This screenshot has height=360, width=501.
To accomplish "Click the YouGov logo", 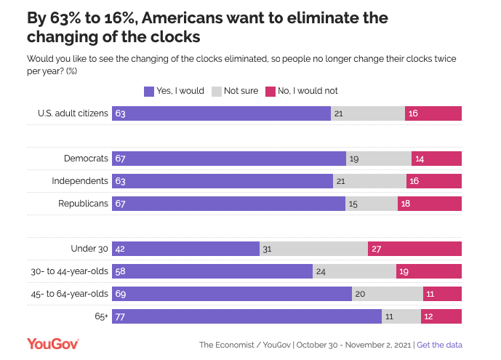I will point(52,344).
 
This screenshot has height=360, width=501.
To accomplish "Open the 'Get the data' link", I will point(439,345).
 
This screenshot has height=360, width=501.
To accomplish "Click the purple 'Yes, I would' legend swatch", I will point(149,91).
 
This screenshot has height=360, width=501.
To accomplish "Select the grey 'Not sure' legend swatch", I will point(216,91).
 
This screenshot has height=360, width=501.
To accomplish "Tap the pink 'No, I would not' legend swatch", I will point(270,91).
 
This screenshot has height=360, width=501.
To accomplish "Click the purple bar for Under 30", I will point(185,249).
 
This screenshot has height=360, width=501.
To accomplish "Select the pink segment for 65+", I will point(441,317).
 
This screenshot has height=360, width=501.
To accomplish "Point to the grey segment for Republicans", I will point(371,204).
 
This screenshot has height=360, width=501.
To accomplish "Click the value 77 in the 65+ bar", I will point(121,317).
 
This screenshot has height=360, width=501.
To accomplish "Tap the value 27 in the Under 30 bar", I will point(377,249).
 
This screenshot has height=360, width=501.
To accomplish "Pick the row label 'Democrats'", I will point(87,159).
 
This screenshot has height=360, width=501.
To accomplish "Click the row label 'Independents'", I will point(80,181).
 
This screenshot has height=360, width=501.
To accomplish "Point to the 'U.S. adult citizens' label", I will point(73,113).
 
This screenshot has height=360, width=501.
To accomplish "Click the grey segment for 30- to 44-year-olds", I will point(354,271).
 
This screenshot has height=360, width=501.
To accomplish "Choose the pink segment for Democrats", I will point(436,159).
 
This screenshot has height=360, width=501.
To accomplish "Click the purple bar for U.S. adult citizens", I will point(221,113).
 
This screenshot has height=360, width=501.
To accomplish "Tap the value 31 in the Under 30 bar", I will point(267,249).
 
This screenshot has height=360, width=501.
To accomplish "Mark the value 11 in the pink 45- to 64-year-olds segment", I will point(431,294).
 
